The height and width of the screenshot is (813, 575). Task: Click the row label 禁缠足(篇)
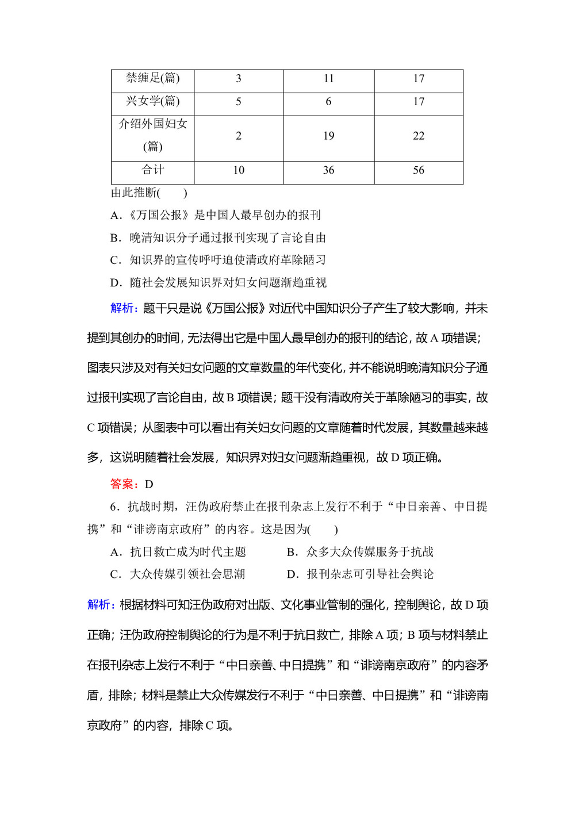[x=153, y=78]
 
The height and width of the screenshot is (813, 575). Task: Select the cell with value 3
[x=239, y=79]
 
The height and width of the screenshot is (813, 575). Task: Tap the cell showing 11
[x=328, y=79]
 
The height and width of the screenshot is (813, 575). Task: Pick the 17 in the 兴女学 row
[x=419, y=102]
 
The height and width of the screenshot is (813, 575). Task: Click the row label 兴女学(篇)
[x=153, y=101]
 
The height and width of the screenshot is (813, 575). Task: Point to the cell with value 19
[x=328, y=136]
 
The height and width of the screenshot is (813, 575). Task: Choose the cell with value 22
[x=419, y=136]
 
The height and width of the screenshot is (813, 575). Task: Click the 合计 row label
[x=153, y=170]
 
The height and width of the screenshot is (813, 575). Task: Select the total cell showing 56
[x=419, y=170]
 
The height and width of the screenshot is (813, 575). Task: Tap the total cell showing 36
[x=328, y=170]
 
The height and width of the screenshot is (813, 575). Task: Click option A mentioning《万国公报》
[x=216, y=215]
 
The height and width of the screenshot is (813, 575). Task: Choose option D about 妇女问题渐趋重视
[x=218, y=282]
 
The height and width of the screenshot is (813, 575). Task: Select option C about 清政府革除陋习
[x=218, y=260]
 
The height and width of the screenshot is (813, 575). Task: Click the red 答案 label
[x=123, y=484]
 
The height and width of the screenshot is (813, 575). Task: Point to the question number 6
[x=114, y=507]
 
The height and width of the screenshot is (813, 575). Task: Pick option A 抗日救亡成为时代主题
[x=178, y=552]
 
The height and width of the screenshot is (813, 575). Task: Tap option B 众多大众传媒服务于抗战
[x=360, y=552]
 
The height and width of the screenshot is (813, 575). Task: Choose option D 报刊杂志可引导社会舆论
[x=360, y=574]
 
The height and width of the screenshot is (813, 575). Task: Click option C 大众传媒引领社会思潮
[x=178, y=574]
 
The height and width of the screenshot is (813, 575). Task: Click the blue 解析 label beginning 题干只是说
[x=123, y=308]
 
